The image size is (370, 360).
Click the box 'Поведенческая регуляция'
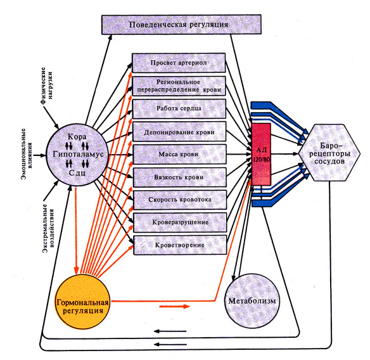point(181,25)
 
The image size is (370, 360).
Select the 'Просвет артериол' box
point(179,63)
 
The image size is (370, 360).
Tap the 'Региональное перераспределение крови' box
point(179,86)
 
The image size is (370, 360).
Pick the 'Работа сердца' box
point(179,108)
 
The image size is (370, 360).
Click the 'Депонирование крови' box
point(179,132)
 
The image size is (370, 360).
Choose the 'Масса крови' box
point(179,155)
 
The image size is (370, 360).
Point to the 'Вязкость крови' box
point(180,177)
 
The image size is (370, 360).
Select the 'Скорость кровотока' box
point(180,200)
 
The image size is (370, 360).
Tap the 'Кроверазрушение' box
point(180,222)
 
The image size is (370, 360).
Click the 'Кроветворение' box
point(180,245)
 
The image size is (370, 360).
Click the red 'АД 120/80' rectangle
point(262,154)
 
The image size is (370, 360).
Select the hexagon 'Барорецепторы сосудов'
point(329,153)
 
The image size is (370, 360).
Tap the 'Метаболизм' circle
point(252,301)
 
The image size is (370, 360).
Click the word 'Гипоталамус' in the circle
point(78,154)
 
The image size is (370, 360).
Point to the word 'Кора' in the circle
point(77,137)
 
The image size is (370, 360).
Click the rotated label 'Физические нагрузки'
point(47,86)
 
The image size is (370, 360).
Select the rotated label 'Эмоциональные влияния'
point(27,153)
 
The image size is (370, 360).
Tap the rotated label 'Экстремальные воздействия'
point(48,229)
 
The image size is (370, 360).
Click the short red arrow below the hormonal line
point(175,306)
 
